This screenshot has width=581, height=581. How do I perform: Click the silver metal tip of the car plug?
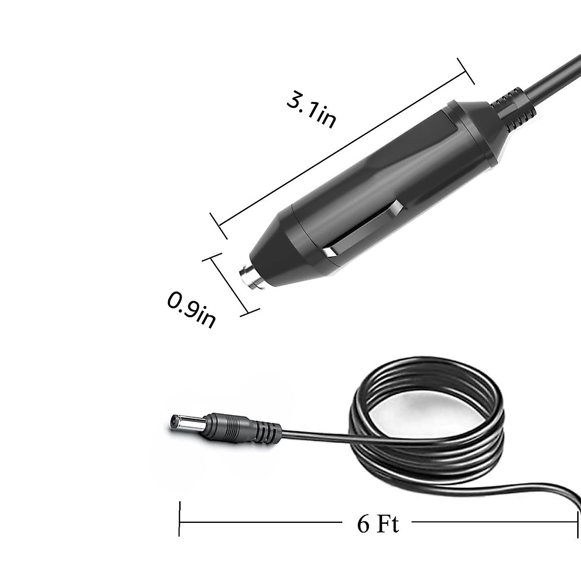pos(250,280)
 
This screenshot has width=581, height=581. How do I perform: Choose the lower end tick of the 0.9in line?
pos(250,313)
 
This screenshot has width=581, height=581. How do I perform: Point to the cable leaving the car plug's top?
pos(557,77)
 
